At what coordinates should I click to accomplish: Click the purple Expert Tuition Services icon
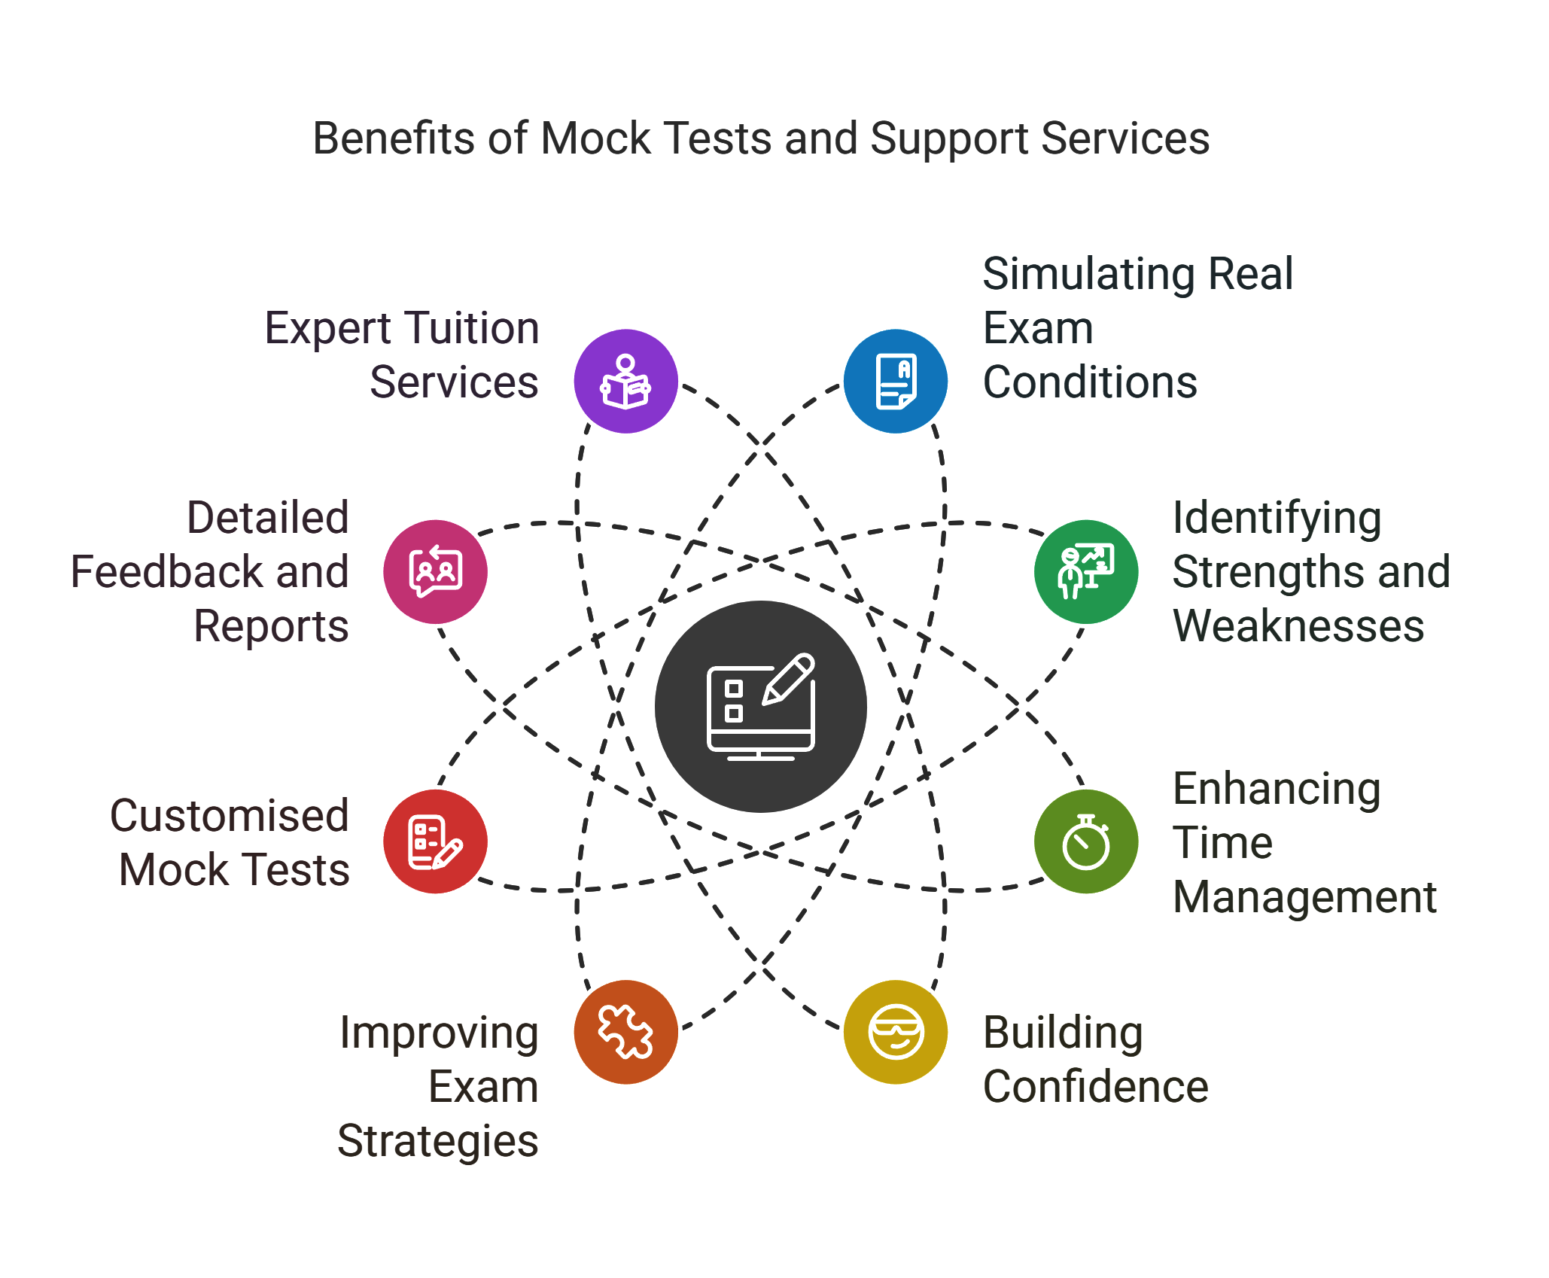tap(625, 381)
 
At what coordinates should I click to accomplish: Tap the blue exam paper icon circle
tap(895, 381)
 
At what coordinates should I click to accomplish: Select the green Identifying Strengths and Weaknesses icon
tap(1085, 571)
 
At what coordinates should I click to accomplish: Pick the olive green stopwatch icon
tap(1085, 841)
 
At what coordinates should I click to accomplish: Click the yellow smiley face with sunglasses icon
tap(895, 1031)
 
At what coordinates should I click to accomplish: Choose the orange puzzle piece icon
tap(625, 1031)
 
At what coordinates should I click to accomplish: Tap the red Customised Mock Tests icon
tap(435, 841)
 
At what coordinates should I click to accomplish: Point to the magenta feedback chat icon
tap(435, 571)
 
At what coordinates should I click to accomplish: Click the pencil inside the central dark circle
tap(789, 679)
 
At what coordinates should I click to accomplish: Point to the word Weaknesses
tap(1298, 626)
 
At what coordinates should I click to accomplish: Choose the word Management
tap(1304, 897)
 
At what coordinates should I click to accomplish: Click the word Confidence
tap(1095, 1087)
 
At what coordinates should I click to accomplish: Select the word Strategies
tap(438, 1141)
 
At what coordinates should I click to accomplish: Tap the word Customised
tap(230, 816)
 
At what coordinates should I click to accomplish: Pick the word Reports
tap(271, 626)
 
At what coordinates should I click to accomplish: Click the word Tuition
tap(465, 328)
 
